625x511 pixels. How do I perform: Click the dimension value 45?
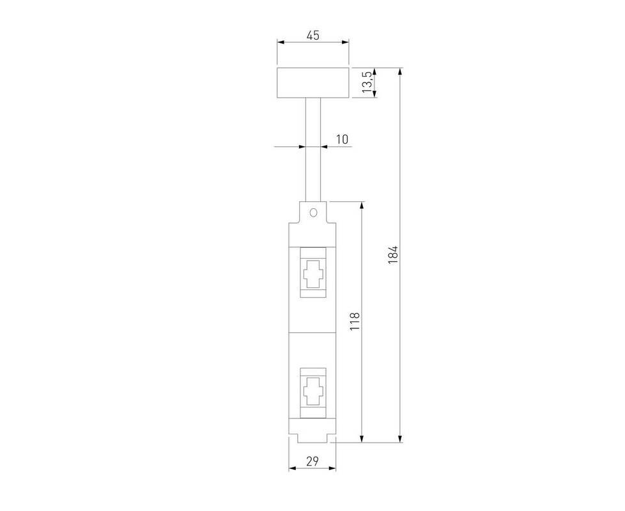pos(313,35)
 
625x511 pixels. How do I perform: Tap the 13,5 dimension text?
pos(367,82)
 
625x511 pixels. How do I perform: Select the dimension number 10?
pos(342,139)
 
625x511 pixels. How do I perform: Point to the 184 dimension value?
pos(393,254)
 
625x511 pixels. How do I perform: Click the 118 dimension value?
pos(354,321)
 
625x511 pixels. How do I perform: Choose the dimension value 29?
pos(312,461)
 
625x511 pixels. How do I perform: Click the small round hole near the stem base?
pos(313,212)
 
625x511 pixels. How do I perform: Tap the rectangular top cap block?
pos(313,83)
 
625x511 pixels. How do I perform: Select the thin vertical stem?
pos(313,149)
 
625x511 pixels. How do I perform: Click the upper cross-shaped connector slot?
pos(313,273)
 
